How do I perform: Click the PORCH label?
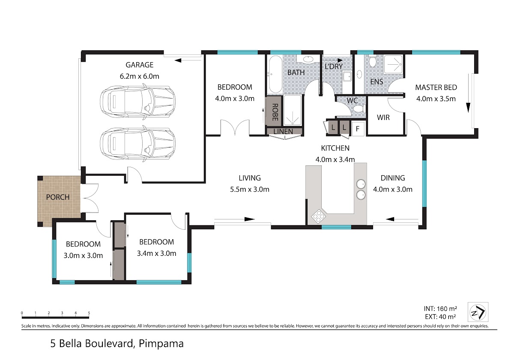(x=58, y=197)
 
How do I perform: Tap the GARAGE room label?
(x=140, y=65)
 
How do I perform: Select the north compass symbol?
(x=478, y=312)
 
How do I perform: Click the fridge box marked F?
(x=358, y=129)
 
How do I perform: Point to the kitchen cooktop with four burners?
(x=318, y=216)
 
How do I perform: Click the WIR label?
(x=383, y=117)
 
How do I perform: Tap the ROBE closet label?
(x=275, y=112)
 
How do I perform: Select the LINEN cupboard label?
(x=283, y=132)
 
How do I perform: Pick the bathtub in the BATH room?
(x=275, y=74)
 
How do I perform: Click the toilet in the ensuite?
(x=372, y=61)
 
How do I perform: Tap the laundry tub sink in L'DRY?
(x=347, y=76)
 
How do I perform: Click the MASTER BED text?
(x=436, y=87)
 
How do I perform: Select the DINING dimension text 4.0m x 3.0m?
(x=393, y=189)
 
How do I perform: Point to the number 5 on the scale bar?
(x=89, y=313)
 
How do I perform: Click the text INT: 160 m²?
(x=440, y=309)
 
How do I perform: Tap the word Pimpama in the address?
(x=161, y=344)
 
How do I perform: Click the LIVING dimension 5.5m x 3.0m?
(x=250, y=189)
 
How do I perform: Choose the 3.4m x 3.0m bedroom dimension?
(x=156, y=253)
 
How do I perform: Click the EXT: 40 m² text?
(x=440, y=317)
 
